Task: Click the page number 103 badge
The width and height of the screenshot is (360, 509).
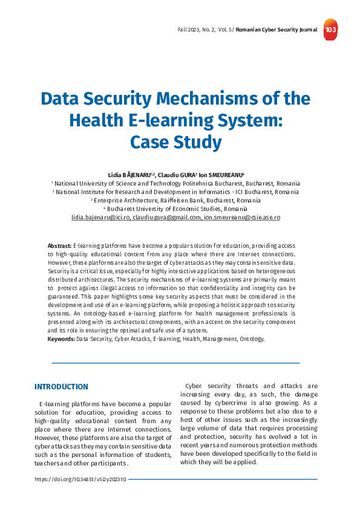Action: (x=330, y=30)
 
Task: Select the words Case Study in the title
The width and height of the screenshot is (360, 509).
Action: (x=175, y=142)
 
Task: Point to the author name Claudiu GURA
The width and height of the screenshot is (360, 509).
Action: (x=176, y=174)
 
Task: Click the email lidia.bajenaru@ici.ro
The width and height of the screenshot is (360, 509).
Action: (x=100, y=217)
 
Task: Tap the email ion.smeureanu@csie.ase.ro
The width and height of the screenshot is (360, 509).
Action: (x=242, y=217)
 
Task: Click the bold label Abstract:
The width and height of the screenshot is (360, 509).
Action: (x=59, y=246)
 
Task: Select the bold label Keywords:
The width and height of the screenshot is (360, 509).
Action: (x=61, y=339)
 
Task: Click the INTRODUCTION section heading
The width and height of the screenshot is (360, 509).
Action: (x=61, y=387)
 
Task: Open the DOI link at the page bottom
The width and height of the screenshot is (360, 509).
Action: (x=80, y=479)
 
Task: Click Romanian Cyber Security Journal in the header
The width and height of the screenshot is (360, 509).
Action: (x=276, y=30)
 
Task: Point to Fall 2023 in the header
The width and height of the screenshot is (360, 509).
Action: (x=191, y=30)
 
